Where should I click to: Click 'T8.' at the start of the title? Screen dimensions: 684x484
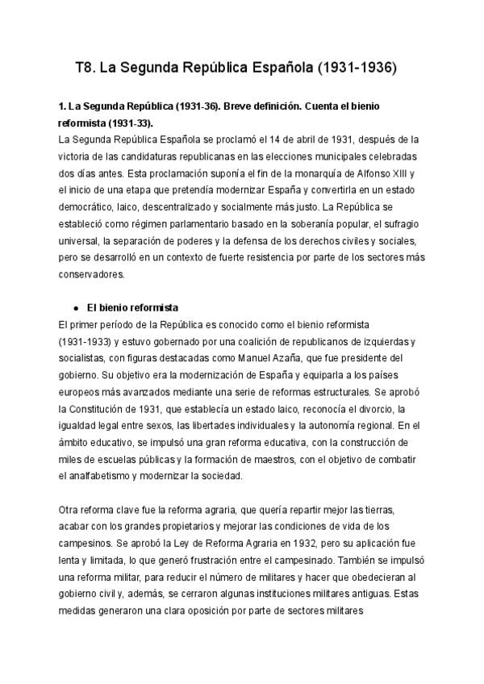point(86,69)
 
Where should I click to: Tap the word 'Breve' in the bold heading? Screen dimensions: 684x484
point(236,106)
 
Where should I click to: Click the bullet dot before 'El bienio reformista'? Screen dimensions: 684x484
point(75,308)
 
